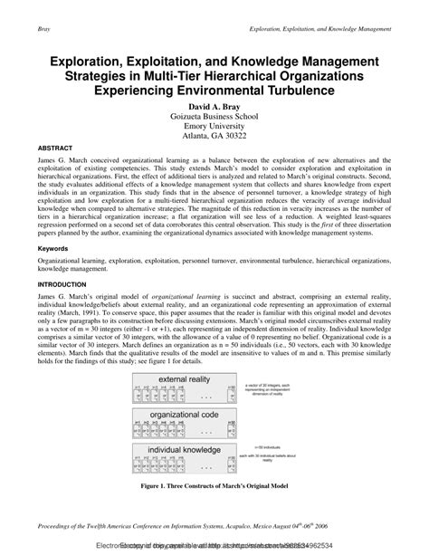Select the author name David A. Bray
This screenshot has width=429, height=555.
point(214,107)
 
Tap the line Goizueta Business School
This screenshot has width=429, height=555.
point(214,118)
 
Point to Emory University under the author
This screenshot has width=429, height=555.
point(214,129)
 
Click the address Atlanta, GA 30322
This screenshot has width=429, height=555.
point(214,139)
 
